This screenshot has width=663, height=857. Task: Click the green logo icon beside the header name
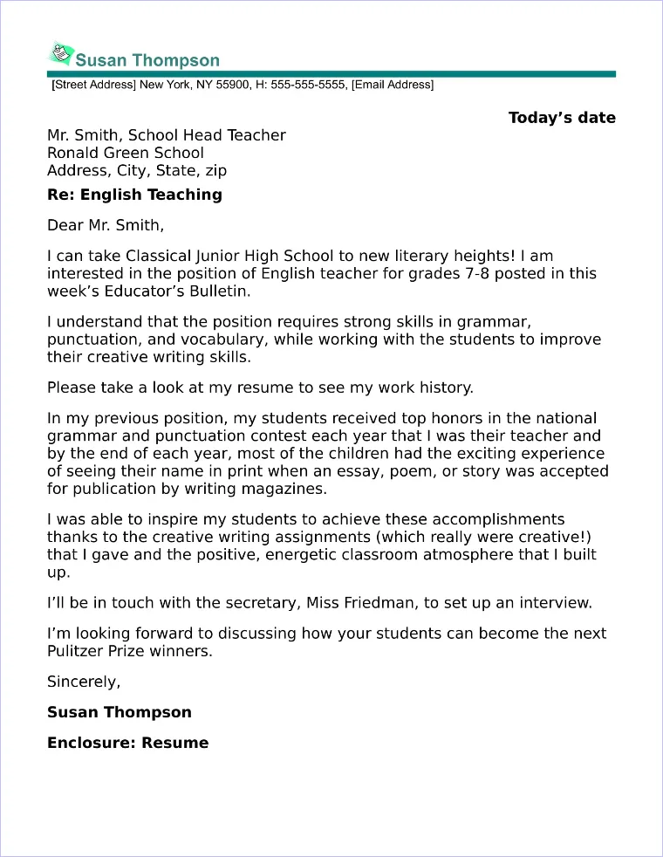60,55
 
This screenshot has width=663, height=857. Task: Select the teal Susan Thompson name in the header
147,60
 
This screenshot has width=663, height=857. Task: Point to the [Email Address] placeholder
393,85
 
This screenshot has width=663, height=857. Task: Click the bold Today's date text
562,118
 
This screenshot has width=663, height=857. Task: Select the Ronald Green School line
126,153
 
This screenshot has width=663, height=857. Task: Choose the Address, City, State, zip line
137,171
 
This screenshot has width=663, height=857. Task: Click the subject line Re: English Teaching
134,195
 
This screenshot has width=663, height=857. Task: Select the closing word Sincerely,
84,682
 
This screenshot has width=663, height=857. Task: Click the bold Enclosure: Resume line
127,743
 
